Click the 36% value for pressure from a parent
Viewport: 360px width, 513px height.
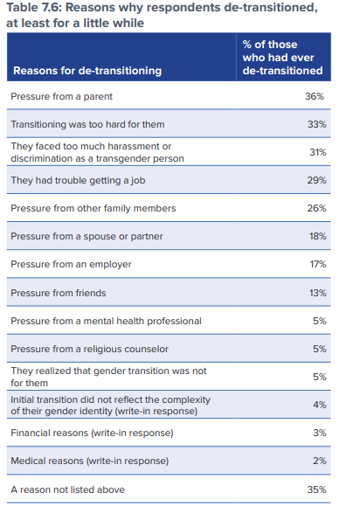click(x=315, y=96)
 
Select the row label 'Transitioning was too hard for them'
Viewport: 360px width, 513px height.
click(x=87, y=124)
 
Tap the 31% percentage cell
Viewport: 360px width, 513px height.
click(x=318, y=152)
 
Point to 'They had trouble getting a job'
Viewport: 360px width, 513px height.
click(x=78, y=180)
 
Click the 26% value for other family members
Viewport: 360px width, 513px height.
click(x=316, y=208)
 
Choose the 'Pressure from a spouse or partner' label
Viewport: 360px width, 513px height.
click(x=87, y=236)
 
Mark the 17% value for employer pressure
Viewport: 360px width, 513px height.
click(x=318, y=264)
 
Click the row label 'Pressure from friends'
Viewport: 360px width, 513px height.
click(x=59, y=293)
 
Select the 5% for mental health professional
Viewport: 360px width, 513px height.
click(x=320, y=321)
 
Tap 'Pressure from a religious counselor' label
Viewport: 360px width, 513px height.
click(x=90, y=349)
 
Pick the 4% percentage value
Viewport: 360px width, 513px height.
click(x=320, y=405)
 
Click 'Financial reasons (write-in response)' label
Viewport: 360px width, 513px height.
click(x=92, y=433)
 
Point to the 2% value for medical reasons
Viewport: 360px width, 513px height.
click(x=320, y=461)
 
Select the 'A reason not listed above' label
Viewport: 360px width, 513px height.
click(x=67, y=489)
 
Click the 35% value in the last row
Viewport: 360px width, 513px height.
click(x=316, y=489)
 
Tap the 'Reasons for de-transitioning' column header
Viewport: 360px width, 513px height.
click(x=87, y=71)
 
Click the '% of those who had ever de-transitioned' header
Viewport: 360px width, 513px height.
click(x=282, y=58)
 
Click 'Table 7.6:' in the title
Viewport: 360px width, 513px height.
click(x=34, y=7)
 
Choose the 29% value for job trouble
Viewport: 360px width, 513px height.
click(x=316, y=180)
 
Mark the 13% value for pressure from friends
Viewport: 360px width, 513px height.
click(x=318, y=293)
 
